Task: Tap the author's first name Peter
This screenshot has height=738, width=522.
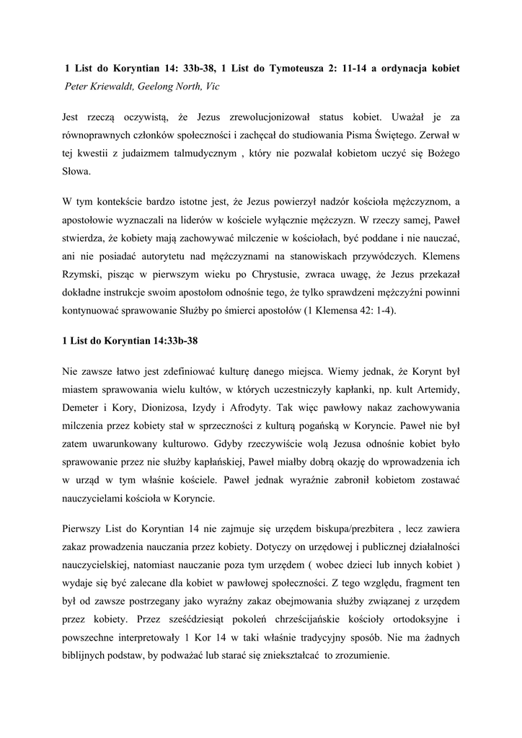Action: pyautogui.click(x=77, y=86)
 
